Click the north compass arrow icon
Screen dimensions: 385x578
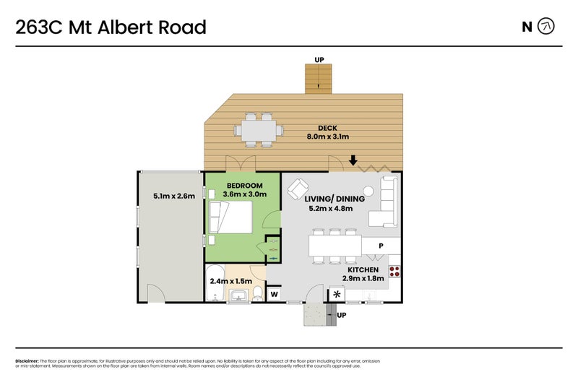point(548,27)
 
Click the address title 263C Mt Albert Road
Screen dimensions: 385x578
point(111,27)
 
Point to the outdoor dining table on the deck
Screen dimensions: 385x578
point(258,131)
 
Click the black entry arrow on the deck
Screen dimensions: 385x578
point(353,160)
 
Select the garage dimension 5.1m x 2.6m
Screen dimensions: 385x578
point(173,195)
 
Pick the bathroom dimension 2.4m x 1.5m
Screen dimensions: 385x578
point(230,281)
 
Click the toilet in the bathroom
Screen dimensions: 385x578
point(256,293)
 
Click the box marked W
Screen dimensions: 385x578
point(275,294)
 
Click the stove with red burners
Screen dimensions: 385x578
point(395,272)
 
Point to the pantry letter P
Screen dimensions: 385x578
point(381,246)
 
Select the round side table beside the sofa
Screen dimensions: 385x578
point(368,191)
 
